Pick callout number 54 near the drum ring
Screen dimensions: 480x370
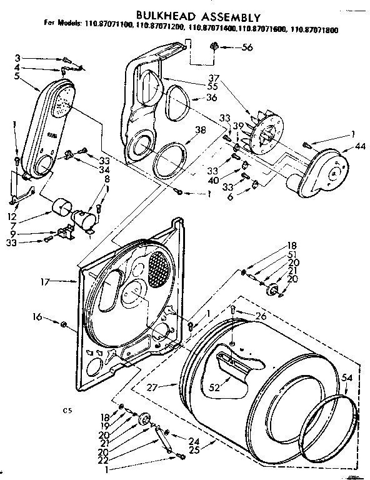tap(347, 377)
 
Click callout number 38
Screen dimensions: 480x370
tap(200, 131)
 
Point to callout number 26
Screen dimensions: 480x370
tap(261, 316)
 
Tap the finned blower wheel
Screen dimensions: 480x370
tap(265, 132)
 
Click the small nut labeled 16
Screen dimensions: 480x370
tap(64, 323)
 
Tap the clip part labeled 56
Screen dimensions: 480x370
tap(215, 46)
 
